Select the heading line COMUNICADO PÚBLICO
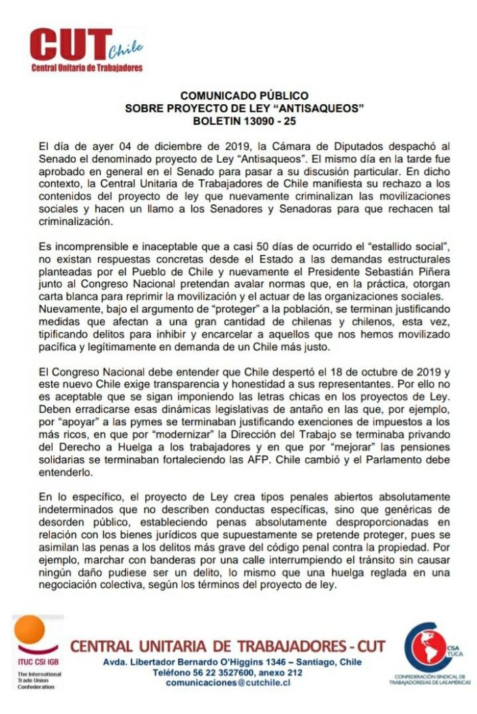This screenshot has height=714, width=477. click(244, 96)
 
